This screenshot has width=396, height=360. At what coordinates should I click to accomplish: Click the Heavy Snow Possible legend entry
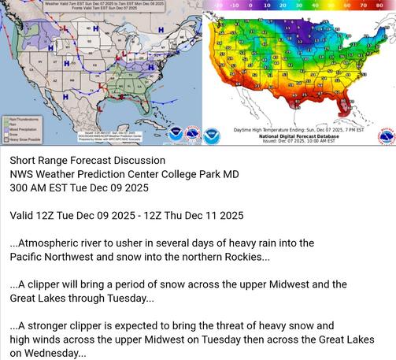click(x=24, y=138)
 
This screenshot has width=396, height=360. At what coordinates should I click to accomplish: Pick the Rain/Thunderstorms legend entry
click(x=23, y=119)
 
